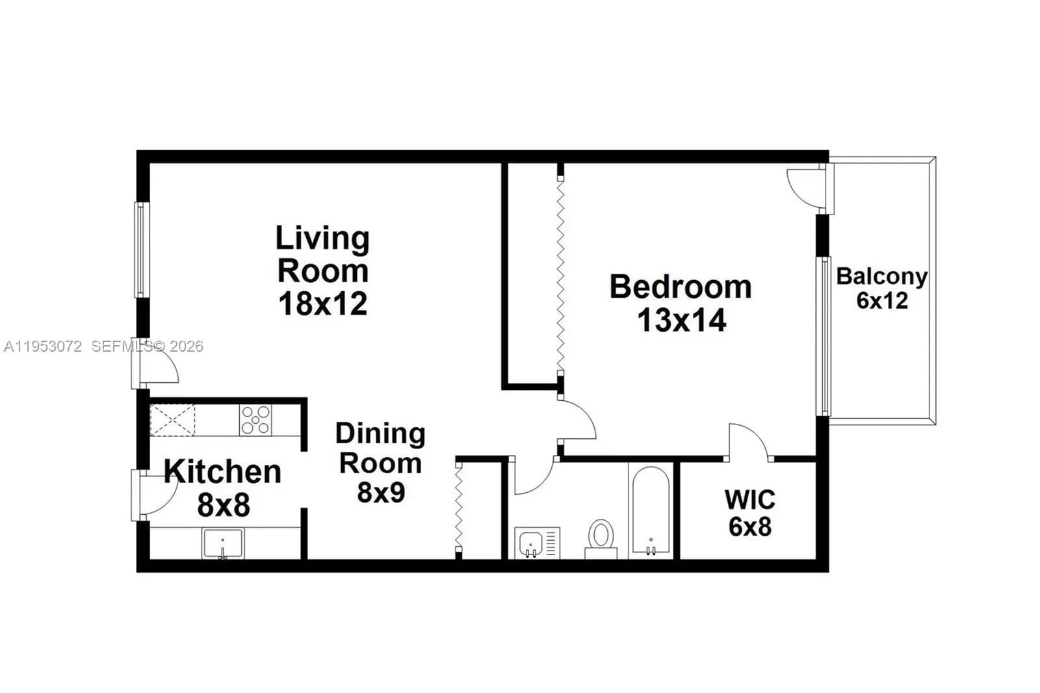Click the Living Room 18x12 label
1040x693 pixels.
coord(322,270)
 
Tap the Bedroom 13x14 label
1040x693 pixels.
coord(681,304)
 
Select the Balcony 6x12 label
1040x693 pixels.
coord(881,288)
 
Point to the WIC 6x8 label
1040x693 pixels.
coord(749,513)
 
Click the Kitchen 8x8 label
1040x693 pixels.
coord(222,488)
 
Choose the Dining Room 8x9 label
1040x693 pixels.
coord(380,463)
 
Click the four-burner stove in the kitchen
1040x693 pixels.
coord(255,419)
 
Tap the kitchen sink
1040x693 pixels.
coord(222,543)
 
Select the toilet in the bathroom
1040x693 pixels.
coord(601,538)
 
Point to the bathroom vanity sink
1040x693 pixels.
coord(531,542)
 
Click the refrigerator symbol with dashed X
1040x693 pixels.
coord(172,420)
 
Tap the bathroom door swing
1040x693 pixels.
coord(532,478)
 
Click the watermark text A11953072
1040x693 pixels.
coord(43,346)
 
